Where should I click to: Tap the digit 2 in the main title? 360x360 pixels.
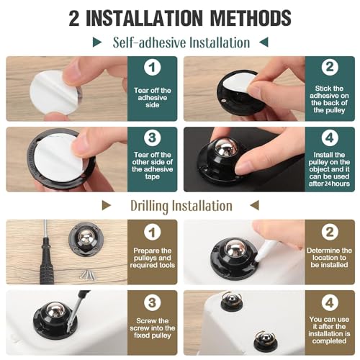74,17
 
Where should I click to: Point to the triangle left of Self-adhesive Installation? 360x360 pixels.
99,42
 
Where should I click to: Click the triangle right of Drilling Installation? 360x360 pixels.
246,206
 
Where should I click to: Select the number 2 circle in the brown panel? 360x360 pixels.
328,232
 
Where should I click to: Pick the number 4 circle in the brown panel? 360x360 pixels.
328,302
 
